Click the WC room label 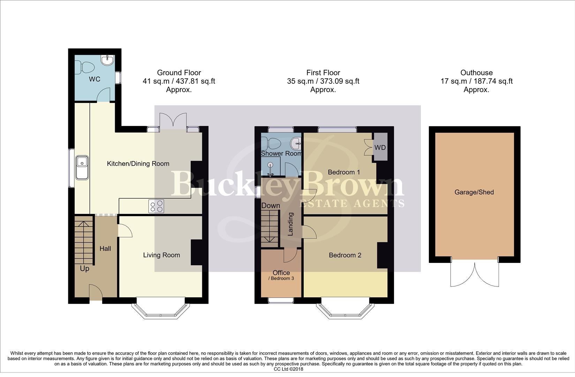click(94, 79)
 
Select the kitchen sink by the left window click(82, 168)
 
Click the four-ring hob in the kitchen click(156, 206)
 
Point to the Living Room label click(161, 255)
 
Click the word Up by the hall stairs click(85, 268)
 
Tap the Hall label click(105, 249)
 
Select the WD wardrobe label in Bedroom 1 click(380, 148)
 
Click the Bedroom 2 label click(345, 255)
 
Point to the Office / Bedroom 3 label click(281, 275)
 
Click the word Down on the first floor click(271, 206)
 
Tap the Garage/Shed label click(474, 192)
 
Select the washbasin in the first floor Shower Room click(296, 142)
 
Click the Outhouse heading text click(476, 73)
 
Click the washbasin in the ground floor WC click(107, 60)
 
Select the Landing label click(290, 224)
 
